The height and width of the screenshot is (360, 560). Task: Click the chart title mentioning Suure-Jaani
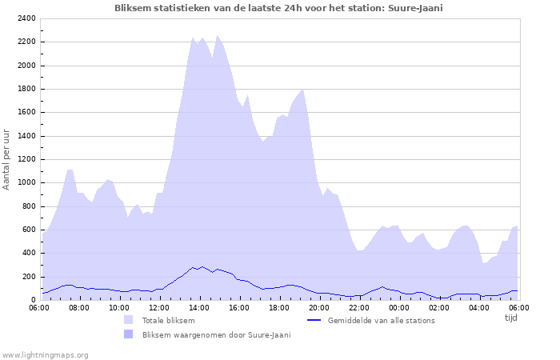[x=278, y=8]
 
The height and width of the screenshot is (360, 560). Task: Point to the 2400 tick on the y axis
[x=27, y=18]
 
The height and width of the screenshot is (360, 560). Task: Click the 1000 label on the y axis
[x=27, y=182]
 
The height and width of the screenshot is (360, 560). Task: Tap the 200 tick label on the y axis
[x=30, y=277]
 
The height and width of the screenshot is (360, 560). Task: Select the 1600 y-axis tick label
[x=27, y=113]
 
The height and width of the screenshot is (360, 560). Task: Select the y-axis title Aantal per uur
[x=7, y=159]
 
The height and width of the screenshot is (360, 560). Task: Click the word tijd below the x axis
[x=510, y=318]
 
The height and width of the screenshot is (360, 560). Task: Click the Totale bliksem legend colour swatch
[x=128, y=320]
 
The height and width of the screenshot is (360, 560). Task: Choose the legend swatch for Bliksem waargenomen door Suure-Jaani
[x=128, y=334]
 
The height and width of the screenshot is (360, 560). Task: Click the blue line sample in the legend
[x=314, y=320]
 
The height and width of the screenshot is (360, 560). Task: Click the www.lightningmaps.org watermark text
[x=45, y=354]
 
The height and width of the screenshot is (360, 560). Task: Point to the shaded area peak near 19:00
[x=302, y=89]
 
